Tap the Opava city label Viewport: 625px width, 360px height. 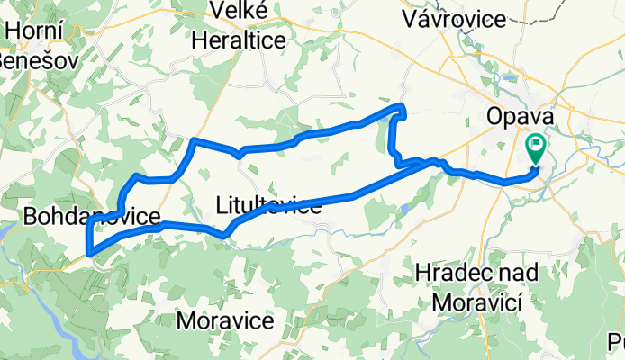[x=518, y=117]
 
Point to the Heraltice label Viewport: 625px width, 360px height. [x=240, y=40]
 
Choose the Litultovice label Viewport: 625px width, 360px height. [x=269, y=206]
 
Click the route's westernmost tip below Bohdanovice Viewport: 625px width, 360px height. [x=88, y=252]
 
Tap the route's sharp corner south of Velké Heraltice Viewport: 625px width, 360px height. [x=195, y=140]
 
